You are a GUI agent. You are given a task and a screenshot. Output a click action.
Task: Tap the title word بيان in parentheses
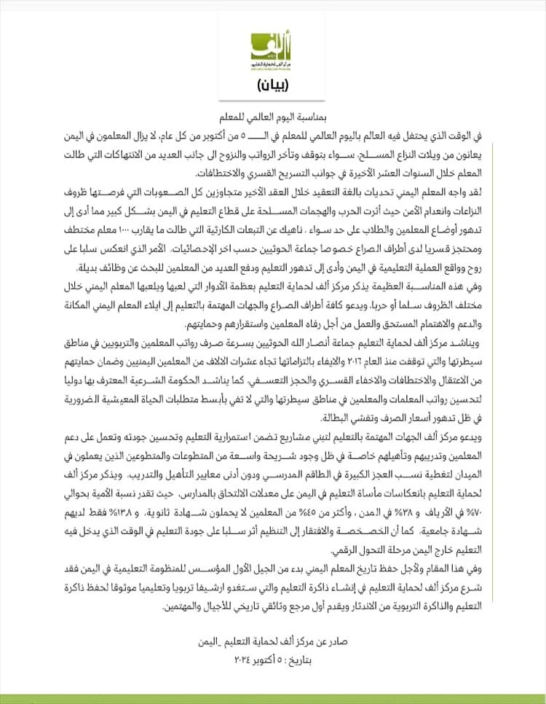click(273, 86)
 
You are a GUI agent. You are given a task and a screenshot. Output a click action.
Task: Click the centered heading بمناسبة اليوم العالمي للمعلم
click(273, 116)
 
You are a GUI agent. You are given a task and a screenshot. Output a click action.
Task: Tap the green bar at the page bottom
click(273, 698)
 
